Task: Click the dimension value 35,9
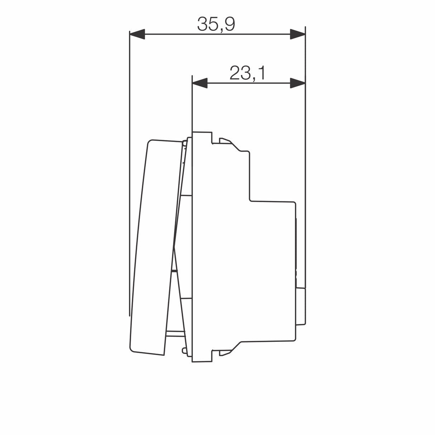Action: (216, 24)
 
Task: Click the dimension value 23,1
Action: (247, 73)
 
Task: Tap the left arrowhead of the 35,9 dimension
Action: (137, 34)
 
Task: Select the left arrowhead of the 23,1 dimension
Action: (200, 83)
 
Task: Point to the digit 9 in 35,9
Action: (230, 24)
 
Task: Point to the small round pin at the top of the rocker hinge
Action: (184, 143)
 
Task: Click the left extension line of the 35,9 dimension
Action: (129, 179)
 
